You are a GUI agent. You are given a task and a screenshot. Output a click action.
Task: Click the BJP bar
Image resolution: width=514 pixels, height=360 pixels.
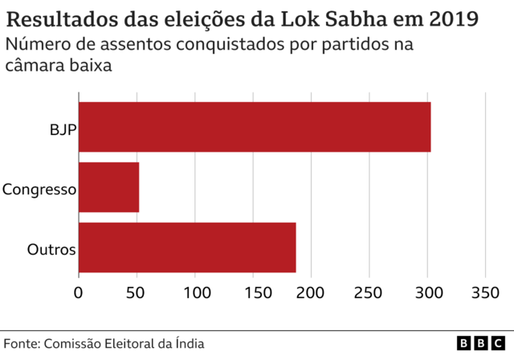tap(255, 127)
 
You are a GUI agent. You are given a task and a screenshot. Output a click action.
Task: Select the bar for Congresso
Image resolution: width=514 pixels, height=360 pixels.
tap(108, 187)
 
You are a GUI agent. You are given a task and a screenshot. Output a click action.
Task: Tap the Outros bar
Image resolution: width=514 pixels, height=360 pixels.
tap(187, 247)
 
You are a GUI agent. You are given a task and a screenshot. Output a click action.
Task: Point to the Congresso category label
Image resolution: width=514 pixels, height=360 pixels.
tap(39, 190)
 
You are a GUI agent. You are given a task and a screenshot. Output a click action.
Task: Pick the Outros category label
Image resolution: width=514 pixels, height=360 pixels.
tap(51, 249)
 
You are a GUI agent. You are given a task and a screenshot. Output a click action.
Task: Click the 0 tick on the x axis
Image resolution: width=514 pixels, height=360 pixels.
tap(79, 293)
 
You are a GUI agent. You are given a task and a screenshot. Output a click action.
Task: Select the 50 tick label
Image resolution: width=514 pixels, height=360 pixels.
tap(137, 293)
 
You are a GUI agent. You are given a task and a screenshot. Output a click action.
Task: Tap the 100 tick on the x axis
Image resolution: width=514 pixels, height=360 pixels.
tap(194, 293)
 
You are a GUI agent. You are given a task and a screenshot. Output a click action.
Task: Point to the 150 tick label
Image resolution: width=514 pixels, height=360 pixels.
tap(253, 293)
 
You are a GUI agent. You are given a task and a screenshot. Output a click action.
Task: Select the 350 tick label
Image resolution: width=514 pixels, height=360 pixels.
tap(485, 293)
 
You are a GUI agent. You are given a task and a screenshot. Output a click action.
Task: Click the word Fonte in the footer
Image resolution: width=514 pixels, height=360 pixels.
tap(21, 343)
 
